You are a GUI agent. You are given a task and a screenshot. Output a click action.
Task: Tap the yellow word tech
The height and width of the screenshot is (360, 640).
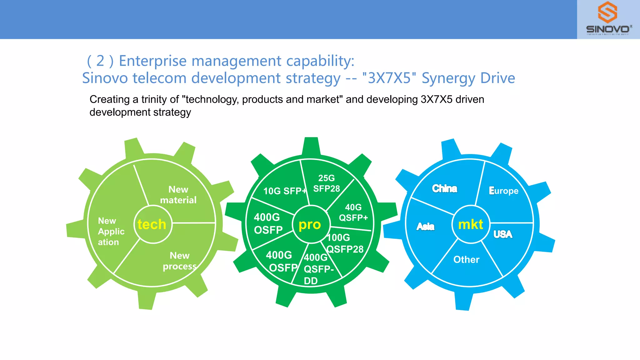pyautogui.click(x=152, y=224)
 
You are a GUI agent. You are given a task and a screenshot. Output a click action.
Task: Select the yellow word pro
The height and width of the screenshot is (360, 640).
pyautogui.click(x=310, y=224)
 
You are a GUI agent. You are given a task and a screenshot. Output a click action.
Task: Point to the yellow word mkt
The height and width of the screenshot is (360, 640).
pyautogui.click(x=471, y=224)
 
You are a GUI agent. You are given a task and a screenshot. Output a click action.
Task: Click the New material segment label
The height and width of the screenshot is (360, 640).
pyautogui.click(x=178, y=195)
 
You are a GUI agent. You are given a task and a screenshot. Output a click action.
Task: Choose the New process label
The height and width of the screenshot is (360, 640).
pyautogui.click(x=180, y=261)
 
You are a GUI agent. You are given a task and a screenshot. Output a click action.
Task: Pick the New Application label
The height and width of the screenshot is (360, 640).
pyautogui.click(x=111, y=231)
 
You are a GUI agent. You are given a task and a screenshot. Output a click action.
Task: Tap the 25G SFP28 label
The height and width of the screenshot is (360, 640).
pyautogui.click(x=327, y=183)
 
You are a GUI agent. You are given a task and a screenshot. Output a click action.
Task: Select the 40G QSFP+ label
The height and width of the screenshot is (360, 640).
pyautogui.click(x=353, y=212)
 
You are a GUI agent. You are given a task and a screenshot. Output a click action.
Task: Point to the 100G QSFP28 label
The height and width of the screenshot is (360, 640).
pyautogui.click(x=345, y=243)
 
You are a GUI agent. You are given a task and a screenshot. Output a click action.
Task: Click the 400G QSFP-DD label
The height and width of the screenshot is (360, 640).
pyautogui.click(x=318, y=269)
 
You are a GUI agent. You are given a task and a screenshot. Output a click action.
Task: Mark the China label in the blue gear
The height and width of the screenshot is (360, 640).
pyautogui.click(x=444, y=188)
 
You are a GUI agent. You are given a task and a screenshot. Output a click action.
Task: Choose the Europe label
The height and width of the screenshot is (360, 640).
pyautogui.click(x=503, y=191)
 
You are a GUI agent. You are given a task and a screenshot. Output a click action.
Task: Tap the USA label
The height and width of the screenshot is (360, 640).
pyautogui.click(x=503, y=234)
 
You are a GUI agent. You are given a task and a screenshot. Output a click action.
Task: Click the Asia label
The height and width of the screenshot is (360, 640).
pyautogui.click(x=425, y=226)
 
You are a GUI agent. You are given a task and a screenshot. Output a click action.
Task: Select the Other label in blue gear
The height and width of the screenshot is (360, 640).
pyautogui.click(x=466, y=259)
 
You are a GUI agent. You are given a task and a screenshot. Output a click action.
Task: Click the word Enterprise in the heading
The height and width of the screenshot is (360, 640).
pyautogui.click(x=153, y=61)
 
